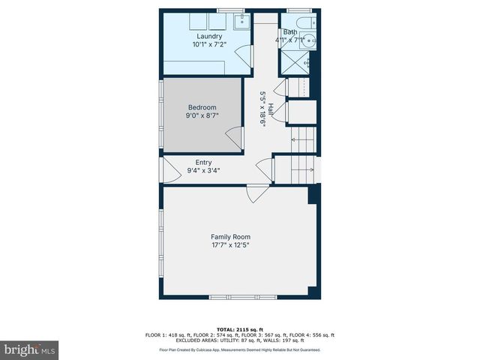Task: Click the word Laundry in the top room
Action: (209, 36)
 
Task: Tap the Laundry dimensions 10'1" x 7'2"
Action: (209, 45)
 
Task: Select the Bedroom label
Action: (202, 107)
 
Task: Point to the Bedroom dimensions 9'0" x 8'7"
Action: (202, 116)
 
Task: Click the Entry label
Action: (203, 162)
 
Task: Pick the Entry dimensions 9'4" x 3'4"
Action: (203, 170)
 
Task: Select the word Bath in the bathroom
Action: (289, 32)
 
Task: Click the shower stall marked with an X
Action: (296, 63)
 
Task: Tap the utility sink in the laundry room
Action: (241, 22)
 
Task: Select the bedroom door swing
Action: (235, 138)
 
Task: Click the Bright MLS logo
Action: (30, 349)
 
